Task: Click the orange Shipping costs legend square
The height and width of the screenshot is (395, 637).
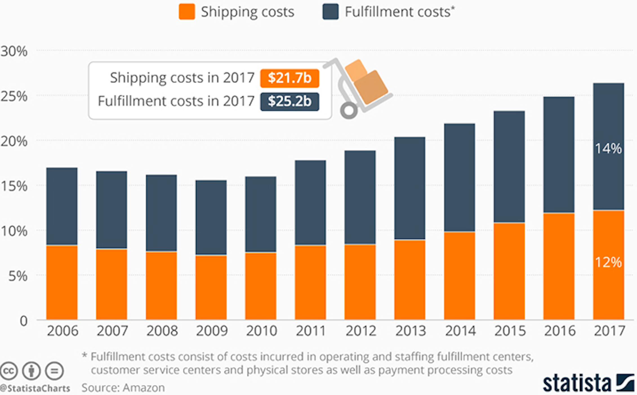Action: tap(187, 12)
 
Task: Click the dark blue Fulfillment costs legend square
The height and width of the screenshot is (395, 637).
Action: tap(330, 12)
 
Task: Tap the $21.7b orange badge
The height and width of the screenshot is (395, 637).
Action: tap(289, 78)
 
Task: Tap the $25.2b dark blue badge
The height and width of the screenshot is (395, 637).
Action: tap(289, 102)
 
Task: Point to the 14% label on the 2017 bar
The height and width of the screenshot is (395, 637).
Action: tap(608, 149)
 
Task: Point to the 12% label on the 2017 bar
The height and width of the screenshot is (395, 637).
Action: tap(608, 262)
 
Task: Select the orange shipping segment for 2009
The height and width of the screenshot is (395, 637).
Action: tap(211, 287)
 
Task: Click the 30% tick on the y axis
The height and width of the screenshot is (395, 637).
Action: tap(14, 51)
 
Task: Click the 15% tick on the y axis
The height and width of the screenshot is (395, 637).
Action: tap(14, 186)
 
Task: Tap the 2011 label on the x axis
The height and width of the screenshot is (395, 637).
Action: tap(311, 331)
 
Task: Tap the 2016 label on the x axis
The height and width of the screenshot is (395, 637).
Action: tap(560, 331)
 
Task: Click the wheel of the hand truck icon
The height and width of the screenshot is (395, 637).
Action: tap(349, 111)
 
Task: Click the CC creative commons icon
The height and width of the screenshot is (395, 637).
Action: tap(9, 371)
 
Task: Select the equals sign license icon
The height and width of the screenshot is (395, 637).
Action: tap(54, 371)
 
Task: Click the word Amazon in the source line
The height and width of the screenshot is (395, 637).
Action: tap(144, 388)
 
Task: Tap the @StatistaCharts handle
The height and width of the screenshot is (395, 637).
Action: tap(35, 389)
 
